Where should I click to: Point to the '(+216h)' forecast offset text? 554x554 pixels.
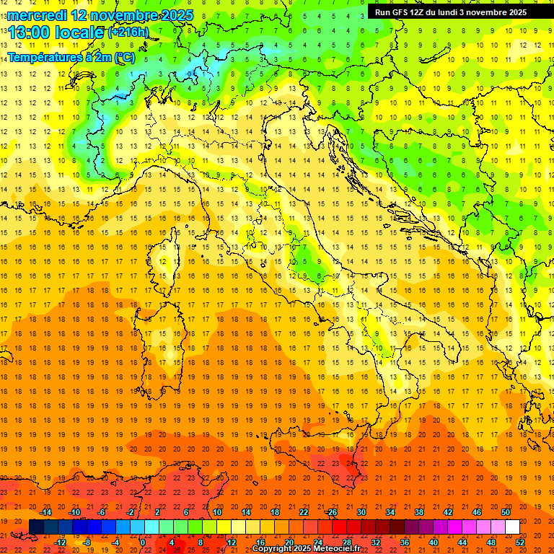(x=128, y=32)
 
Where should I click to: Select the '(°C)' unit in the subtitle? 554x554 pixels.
(x=124, y=57)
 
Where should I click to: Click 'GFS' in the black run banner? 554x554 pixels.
(x=402, y=12)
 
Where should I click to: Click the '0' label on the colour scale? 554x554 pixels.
(x=144, y=542)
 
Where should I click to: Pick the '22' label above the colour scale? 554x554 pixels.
(x=303, y=512)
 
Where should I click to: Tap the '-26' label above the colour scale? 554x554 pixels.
(x=331, y=512)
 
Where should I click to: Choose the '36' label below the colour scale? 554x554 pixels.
(x=405, y=542)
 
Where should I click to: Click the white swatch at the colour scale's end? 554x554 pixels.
(x=512, y=527)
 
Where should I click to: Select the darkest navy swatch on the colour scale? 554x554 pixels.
(x=37, y=527)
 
